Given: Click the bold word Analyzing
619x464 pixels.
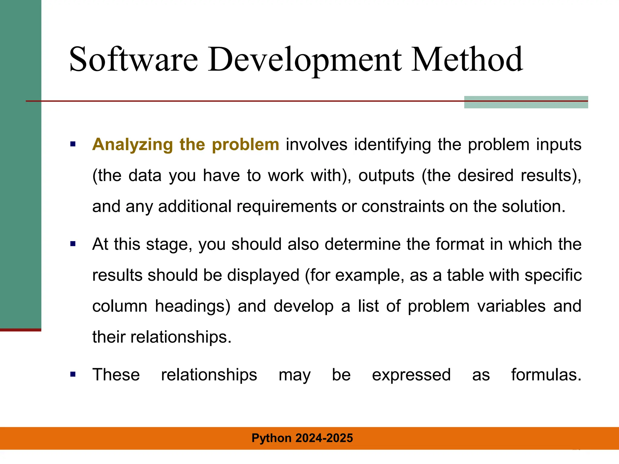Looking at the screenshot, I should pyautogui.click(x=132, y=145).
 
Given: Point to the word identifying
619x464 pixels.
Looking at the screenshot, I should pyautogui.click(x=392, y=145).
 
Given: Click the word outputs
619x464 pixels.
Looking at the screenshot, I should pyautogui.click(x=386, y=176).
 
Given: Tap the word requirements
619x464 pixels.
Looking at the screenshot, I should pyautogui.click(x=287, y=207).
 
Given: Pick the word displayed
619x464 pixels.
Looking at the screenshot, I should pyautogui.click(x=263, y=275).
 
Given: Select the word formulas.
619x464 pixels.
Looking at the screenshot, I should pyautogui.click(x=546, y=375).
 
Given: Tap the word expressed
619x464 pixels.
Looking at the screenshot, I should pyautogui.click(x=411, y=375).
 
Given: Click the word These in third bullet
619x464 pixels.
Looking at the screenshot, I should pyautogui.click(x=116, y=375).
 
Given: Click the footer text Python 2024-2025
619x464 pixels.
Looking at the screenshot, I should pyautogui.click(x=302, y=438).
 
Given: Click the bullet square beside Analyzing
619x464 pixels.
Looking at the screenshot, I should pyautogui.click(x=73, y=144).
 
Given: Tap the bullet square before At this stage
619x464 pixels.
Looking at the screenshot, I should pyautogui.click(x=73, y=244).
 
